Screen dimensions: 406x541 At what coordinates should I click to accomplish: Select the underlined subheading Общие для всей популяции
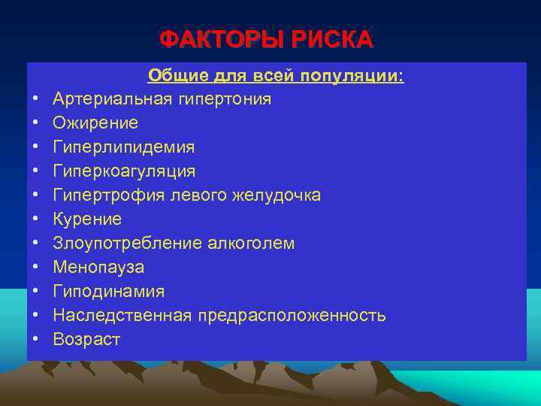pyautogui.click(x=276, y=75)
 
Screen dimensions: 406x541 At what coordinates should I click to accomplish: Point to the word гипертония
pyautogui.click(x=222, y=99)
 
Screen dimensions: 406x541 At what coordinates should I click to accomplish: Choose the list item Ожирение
pyautogui.click(x=95, y=123)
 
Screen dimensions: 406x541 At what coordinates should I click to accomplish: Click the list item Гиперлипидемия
pyautogui.click(x=124, y=147)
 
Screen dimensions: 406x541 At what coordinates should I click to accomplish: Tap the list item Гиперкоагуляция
pyautogui.click(x=124, y=171)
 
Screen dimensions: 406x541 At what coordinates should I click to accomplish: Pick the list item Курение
pyautogui.click(x=87, y=220)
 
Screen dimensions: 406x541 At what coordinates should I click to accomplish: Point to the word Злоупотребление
pyautogui.click(x=122, y=244)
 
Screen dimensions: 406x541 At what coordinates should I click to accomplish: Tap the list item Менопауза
pyautogui.click(x=98, y=268)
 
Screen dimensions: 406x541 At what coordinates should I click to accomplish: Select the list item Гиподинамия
pyautogui.click(x=109, y=292)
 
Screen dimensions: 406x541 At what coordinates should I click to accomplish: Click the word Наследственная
pyautogui.click(x=123, y=316)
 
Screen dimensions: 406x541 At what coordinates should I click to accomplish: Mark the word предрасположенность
pyautogui.click(x=293, y=316)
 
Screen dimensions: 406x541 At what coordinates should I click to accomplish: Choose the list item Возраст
pyautogui.click(x=86, y=340)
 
